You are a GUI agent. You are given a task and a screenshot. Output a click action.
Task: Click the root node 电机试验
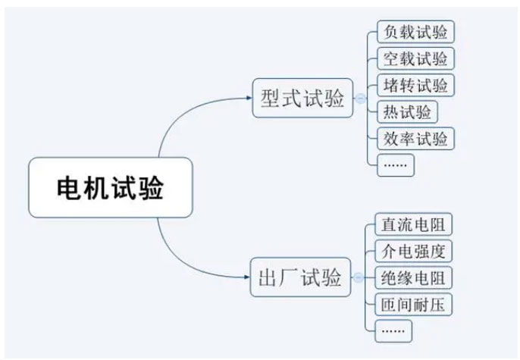point(111,187)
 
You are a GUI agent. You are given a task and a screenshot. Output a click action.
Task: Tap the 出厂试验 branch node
point(300,278)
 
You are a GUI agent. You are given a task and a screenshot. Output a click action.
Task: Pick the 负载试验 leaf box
point(415,33)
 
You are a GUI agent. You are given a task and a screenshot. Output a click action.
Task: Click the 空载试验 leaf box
point(415,59)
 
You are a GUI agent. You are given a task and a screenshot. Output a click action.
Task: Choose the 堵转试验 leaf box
point(415,85)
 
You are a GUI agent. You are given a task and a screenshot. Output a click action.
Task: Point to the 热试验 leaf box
point(407,112)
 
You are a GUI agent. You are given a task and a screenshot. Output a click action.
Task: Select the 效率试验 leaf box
point(415,139)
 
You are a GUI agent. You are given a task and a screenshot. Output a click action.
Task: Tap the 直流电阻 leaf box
point(413,224)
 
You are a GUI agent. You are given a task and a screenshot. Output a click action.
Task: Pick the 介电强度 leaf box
point(413,251)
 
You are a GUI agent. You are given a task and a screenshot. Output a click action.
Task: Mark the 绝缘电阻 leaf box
point(413,278)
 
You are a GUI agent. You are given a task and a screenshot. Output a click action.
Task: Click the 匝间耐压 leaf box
point(413,305)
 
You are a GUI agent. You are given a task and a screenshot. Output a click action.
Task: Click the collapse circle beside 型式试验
point(360,99)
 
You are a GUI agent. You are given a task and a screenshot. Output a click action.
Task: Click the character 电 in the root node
point(70,187)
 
